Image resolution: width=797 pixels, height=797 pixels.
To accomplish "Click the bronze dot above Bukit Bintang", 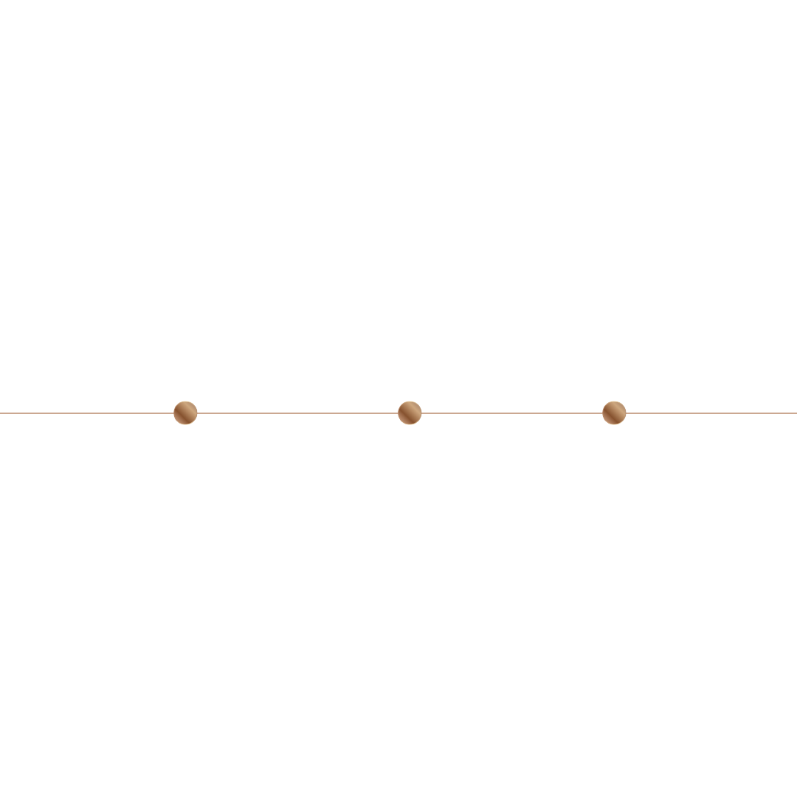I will click(185, 413).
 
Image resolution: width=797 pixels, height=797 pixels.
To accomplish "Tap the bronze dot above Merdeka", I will click(410, 413).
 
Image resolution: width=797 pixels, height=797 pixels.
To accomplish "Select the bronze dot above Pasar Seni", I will click(614, 413).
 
